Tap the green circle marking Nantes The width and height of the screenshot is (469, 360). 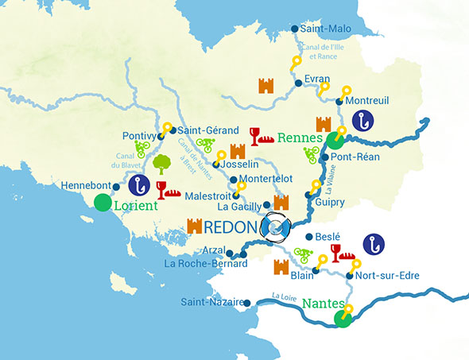pyautogui.click(x=343, y=319)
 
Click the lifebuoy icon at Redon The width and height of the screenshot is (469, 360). pyautogui.click(x=278, y=228)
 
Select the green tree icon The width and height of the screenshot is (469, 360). pyautogui.click(x=162, y=164)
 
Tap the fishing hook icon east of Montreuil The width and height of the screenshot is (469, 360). pyautogui.click(x=364, y=121)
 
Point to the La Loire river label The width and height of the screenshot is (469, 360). pyautogui.click(x=284, y=296)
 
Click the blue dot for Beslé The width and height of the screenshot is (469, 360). pyautogui.click(x=308, y=236)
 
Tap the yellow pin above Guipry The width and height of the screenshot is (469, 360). pyautogui.click(x=316, y=187)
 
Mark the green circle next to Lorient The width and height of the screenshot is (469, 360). pyautogui.click(x=103, y=203)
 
